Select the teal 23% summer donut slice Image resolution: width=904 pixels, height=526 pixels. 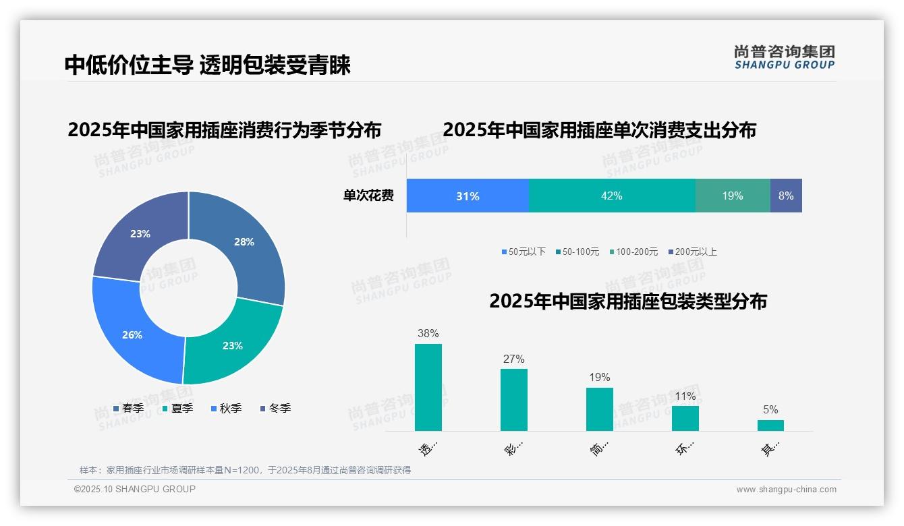[233, 344]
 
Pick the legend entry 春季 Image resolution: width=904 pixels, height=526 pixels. [129, 408]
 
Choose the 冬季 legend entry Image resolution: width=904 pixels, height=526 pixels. [275, 408]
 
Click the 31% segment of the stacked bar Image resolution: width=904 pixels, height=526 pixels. [468, 196]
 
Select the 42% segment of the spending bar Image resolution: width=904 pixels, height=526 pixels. [612, 196]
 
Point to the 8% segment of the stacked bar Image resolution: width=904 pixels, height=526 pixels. [786, 196]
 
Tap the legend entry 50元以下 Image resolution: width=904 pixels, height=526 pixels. [524, 252]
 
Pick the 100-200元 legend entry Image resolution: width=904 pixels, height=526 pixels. [633, 252]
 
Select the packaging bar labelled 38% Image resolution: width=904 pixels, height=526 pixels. [428, 387]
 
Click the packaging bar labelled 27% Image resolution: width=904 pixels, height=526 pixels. [514, 399]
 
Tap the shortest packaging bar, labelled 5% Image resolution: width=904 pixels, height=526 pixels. [770, 425]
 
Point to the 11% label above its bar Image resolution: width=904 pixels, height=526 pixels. [685, 396]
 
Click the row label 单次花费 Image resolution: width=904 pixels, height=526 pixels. [368, 196]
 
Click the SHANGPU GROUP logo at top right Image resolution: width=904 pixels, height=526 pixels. [785, 57]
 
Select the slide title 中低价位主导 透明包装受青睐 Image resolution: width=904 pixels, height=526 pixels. [208, 65]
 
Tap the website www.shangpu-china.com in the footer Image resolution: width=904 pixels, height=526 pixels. [786, 490]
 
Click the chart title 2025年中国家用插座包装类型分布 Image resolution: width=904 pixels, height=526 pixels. [628, 301]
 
